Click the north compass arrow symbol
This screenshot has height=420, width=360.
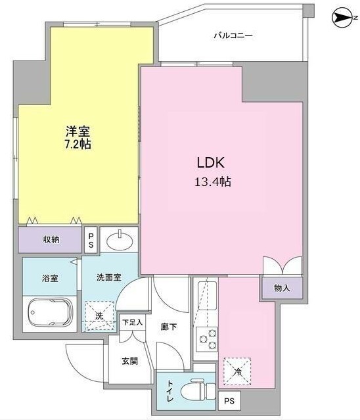[x=342, y=18]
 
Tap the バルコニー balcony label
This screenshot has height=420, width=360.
[x=233, y=35]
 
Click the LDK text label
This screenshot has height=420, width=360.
[x=211, y=162]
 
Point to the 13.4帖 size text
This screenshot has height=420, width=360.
[x=213, y=182]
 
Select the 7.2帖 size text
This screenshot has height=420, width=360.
[x=78, y=144]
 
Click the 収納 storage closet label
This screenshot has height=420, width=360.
[x=51, y=239]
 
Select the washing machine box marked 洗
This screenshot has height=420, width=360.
[x=100, y=315]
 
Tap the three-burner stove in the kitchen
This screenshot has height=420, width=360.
[x=207, y=339]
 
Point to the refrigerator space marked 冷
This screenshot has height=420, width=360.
[x=237, y=371]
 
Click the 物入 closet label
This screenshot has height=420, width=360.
[x=282, y=288]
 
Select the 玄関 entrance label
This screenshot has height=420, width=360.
[x=130, y=361]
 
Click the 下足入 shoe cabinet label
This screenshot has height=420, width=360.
[x=133, y=322]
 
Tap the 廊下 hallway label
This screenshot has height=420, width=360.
[x=169, y=327]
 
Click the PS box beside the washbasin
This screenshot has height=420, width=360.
[x=91, y=240]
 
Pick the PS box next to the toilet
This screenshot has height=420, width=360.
[x=229, y=401]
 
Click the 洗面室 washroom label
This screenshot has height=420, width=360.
[x=109, y=277]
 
